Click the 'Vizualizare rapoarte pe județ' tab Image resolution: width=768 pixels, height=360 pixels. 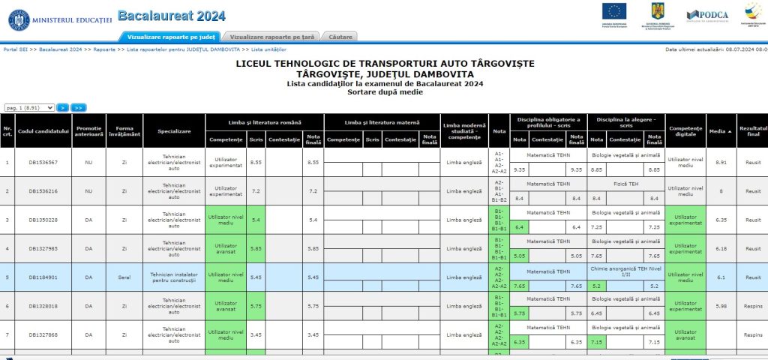[171, 36]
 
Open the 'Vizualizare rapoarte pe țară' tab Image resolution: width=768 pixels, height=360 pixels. [271, 36]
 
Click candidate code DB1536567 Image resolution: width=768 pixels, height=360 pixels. [43, 162]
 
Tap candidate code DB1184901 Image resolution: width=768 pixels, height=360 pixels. [43, 277]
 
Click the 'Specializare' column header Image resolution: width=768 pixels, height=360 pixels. [174, 131]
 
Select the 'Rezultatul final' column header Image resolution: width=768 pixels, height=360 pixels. [752, 131]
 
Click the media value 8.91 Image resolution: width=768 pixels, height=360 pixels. [721, 162]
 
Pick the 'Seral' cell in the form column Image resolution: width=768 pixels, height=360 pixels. [124, 277]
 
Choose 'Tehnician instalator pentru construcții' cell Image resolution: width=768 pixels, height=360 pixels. [174, 277]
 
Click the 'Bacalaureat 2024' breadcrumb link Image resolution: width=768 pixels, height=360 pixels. [60, 49]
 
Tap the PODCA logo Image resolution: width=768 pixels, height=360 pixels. [706, 14]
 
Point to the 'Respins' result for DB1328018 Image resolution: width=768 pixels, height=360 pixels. [752, 306]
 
